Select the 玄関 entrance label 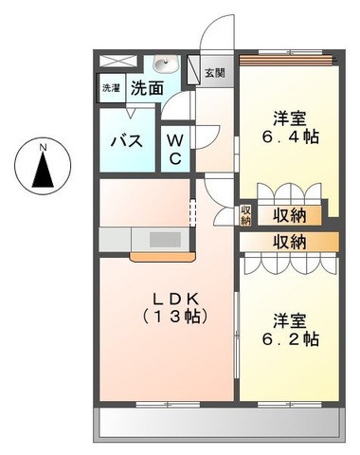214,72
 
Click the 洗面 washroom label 145,88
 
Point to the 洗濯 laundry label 111,88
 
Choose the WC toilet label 176,149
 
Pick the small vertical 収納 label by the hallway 245,215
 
